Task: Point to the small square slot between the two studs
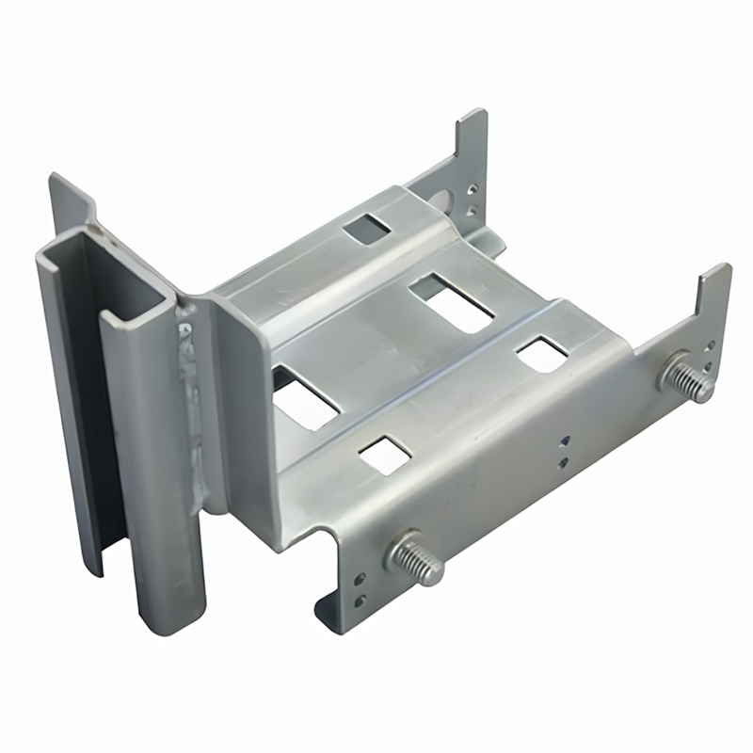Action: click(x=384, y=454)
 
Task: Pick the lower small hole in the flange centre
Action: click(x=563, y=461)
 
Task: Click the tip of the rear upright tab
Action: click(x=475, y=120)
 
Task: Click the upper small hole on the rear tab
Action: click(x=473, y=186)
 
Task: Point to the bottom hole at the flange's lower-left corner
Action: click(x=359, y=601)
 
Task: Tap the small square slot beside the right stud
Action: click(x=542, y=353)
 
